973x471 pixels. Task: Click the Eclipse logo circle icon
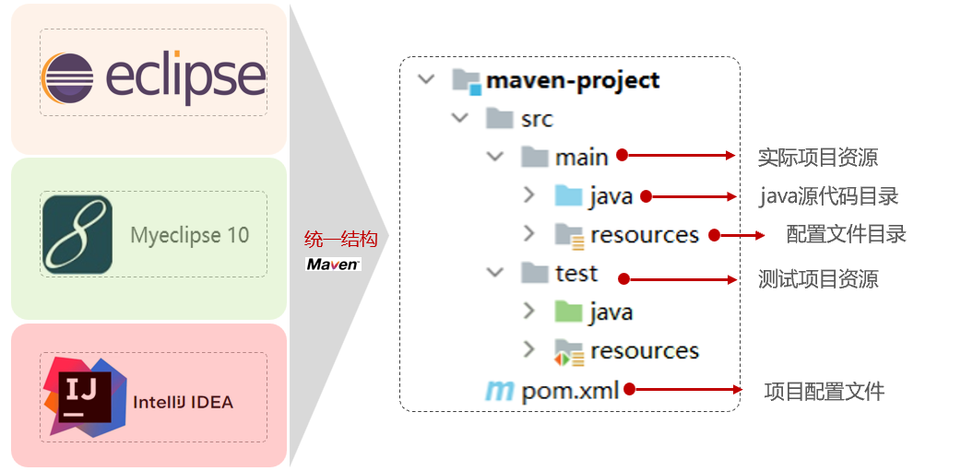(x=67, y=79)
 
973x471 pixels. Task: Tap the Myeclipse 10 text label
(x=190, y=235)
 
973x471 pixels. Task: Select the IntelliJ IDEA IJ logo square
(x=85, y=397)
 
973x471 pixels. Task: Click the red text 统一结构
(x=340, y=239)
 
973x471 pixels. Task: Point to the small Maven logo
(x=333, y=265)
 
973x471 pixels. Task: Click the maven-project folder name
(x=573, y=81)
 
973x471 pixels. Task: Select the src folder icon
(x=500, y=119)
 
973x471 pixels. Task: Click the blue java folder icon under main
(x=568, y=195)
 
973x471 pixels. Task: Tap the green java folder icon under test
(x=568, y=312)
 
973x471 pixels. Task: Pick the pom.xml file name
(x=571, y=392)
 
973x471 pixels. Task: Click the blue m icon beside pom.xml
(x=499, y=392)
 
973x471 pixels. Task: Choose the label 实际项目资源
(x=818, y=158)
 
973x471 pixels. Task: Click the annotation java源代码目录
(x=830, y=196)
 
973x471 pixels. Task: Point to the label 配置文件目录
(x=847, y=234)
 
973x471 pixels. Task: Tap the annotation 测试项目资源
(x=818, y=279)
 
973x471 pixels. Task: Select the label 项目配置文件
(x=825, y=392)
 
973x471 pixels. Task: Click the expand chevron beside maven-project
(x=426, y=80)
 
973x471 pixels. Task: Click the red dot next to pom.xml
(x=629, y=389)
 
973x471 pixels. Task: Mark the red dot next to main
(x=622, y=155)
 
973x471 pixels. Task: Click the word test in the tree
(x=576, y=273)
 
